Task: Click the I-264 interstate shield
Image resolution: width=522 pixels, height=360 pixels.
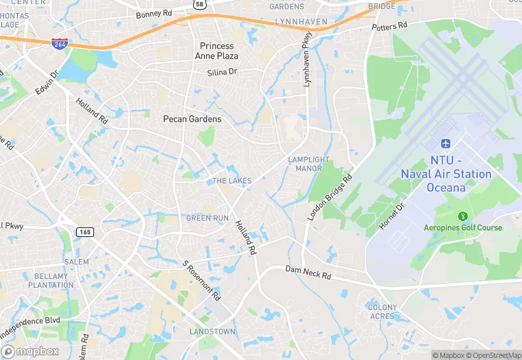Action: pyautogui.click(x=58, y=43)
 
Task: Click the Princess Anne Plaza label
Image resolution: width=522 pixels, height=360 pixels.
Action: pyautogui.click(x=216, y=51)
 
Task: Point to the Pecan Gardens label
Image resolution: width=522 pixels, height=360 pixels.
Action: pyautogui.click(x=192, y=119)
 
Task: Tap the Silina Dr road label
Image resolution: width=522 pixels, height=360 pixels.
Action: pyautogui.click(x=222, y=72)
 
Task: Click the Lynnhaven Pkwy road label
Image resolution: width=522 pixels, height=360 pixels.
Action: pyautogui.click(x=307, y=61)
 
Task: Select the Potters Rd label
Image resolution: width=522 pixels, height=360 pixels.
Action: pyautogui.click(x=390, y=26)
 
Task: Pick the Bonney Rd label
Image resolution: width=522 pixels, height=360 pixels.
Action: pyautogui.click(x=154, y=14)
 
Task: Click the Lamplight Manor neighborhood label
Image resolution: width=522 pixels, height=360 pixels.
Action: pyautogui.click(x=304, y=164)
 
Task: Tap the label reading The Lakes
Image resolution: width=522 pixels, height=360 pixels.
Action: pyautogui.click(x=231, y=181)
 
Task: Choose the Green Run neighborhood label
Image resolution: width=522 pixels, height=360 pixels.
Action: pyautogui.click(x=207, y=218)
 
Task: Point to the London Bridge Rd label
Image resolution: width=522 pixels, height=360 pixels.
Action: pyautogui.click(x=330, y=196)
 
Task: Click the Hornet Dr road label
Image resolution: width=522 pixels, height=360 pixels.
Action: pyautogui.click(x=392, y=216)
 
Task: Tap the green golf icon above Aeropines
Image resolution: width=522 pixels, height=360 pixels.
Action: pyautogui.click(x=462, y=216)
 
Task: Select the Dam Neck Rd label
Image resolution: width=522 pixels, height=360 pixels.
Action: pyautogui.click(x=308, y=272)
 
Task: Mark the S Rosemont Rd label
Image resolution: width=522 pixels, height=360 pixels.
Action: pyautogui.click(x=201, y=280)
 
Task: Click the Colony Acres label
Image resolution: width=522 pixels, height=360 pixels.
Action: pyautogui.click(x=382, y=312)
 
